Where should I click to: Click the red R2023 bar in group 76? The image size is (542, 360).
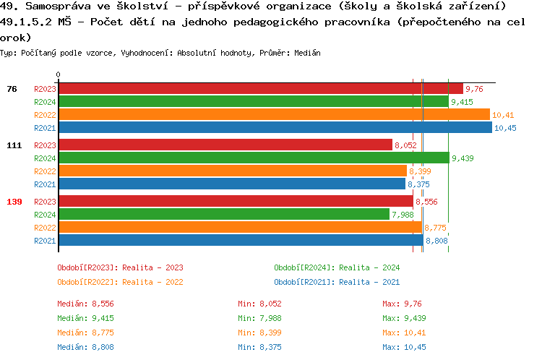pos(260,89)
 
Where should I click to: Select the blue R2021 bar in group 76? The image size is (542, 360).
pos(275,128)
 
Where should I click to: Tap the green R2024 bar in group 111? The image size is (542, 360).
pos(253,158)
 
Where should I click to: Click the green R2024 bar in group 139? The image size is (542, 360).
pos(223,215)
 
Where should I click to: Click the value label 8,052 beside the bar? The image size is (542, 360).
pos(405,145)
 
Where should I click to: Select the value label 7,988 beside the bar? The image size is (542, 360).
pos(403,215)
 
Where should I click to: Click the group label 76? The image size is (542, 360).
pos(12,89)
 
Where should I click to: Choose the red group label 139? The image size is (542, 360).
pos(14,202)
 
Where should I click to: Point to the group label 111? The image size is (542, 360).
pos(14,145)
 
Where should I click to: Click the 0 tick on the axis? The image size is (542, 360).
pos(59,75)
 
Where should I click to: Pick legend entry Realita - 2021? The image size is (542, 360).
pos(337,282)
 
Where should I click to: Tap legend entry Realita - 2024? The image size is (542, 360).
pos(337,267)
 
